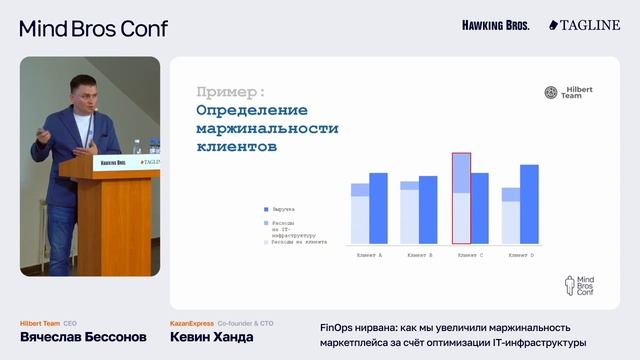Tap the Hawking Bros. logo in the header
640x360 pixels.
(x=496, y=24)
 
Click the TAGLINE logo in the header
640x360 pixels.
(x=584, y=24)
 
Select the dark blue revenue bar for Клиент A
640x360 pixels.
(x=378, y=208)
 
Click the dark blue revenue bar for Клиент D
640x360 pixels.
(x=529, y=204)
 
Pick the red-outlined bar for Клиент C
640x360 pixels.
(x=461, y=198)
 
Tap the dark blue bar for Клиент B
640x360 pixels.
(x=428, y=209)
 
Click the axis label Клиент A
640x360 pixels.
(x=368, y=255)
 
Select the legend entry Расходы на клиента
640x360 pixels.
(x=296, y=242)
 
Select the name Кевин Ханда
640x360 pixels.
(x=211, y=337)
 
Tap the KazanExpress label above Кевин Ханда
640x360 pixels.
(x=192, y=323)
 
